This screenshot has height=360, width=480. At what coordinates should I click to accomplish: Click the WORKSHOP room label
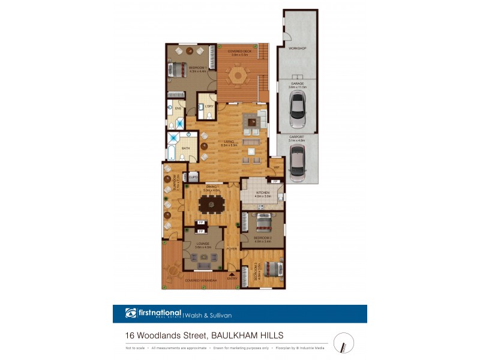click(297, 47)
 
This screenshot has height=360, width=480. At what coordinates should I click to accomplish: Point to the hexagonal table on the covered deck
click(239, 76)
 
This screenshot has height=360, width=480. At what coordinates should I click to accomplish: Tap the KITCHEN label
click(262, 192)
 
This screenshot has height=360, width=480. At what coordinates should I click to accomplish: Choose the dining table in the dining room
click(211, 205)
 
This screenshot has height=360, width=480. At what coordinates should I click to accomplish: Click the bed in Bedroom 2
click(263, 224)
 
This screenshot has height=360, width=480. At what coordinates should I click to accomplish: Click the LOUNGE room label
click(203, 242)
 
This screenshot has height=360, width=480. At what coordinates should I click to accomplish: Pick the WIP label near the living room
click(277, 167)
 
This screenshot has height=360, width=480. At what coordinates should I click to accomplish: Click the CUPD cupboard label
click(193, 177)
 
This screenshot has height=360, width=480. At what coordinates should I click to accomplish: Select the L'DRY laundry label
click(209, 107)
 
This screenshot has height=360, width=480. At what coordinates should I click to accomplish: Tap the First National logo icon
click(131, 313)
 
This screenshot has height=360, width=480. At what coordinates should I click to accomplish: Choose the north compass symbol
click(344, 343)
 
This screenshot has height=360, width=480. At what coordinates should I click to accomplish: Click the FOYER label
click(232, 248)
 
